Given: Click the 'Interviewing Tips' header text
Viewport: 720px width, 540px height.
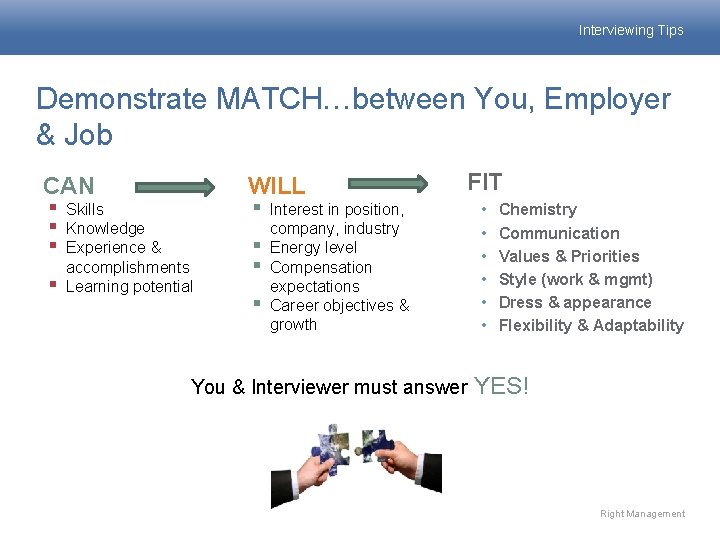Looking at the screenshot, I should (x=630, y=30).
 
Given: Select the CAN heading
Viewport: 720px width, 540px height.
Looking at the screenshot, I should (x=69, y=185).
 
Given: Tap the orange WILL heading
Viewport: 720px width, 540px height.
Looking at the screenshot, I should (x=276, y=185).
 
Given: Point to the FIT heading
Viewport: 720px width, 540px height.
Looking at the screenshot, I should (x=485, y=182).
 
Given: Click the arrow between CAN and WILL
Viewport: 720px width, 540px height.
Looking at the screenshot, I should (x=174, y=186).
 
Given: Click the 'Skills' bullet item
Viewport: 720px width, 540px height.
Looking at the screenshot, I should (x=84, y=209).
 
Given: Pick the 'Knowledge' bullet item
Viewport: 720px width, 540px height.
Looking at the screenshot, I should (x=105, y=228).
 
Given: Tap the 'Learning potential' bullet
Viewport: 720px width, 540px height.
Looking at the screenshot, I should (x=129, y=286).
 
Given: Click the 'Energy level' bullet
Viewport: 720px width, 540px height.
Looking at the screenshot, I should (x=313, y=247).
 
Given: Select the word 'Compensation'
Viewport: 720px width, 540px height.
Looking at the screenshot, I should (x=320, y=267).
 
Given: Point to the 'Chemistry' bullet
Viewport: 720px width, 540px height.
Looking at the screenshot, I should (x=537, y=209).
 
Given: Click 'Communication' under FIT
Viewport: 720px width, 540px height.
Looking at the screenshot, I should (x=559, y=233).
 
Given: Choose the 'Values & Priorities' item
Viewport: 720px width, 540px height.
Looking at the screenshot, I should (x=569, y=256).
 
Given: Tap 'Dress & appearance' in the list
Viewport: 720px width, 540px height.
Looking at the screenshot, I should (x=575, y=302).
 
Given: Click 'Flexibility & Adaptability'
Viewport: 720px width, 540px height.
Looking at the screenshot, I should (x=591, y=325).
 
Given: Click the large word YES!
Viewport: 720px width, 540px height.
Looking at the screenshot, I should (x=501, y=385).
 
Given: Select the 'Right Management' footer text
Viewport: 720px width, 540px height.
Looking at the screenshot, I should (x=642, y=514).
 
